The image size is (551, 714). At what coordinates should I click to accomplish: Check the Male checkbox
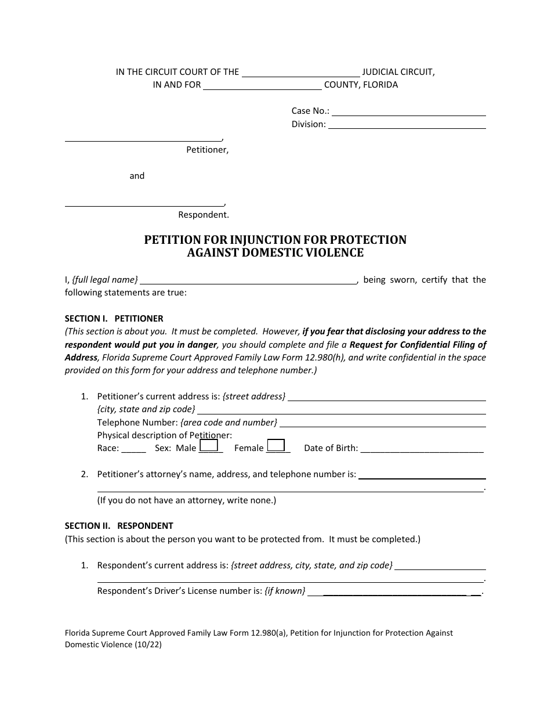pyautogui.click(x=208, y=446)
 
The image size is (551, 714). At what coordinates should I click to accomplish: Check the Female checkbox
pyautogui.click(x=275, y=446)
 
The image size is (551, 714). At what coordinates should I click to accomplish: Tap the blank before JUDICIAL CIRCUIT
pyautogui.click(x=300, y=75)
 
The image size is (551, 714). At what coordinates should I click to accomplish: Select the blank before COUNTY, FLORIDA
pyautogui.click(x=262, y=88)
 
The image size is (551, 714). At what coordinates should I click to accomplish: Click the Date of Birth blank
pyautogui.click(x=422, y=450)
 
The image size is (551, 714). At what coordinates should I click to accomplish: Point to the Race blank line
pyautogui.click(x=133, y=450)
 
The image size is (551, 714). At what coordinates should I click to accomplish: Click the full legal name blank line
pyautogui.click(x=249, y=282)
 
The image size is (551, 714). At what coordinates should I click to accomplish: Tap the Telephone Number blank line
pyautogui.click(x=382, y=425)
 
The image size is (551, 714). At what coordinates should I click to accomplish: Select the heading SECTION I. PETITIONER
pyautogui.click(x=114, y=319)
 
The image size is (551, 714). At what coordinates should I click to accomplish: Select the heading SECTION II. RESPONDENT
pyautogui.click(x=119, y=526)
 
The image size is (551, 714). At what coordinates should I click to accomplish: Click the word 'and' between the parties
pyautogui.click(x=137, y=176)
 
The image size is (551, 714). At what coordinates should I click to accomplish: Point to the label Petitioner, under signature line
pyautogui.click(x=207, y=150)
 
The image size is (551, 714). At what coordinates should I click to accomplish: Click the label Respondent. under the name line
pyautogui.click(x=204, y=215)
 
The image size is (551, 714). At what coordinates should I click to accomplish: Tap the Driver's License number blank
pyautogui.click(x=394, y=593)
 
